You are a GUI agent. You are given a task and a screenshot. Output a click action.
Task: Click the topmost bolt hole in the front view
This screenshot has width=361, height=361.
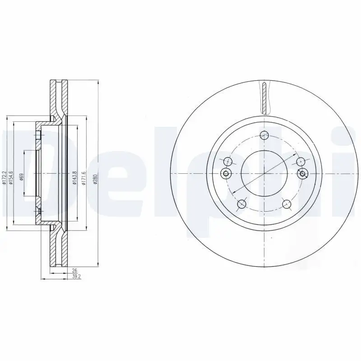264,134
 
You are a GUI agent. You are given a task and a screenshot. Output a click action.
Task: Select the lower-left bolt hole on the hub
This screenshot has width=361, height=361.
241,204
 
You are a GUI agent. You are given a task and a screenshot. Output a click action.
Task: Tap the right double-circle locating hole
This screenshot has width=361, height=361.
302,173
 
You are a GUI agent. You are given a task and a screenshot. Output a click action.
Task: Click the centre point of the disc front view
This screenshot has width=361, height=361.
264,174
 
